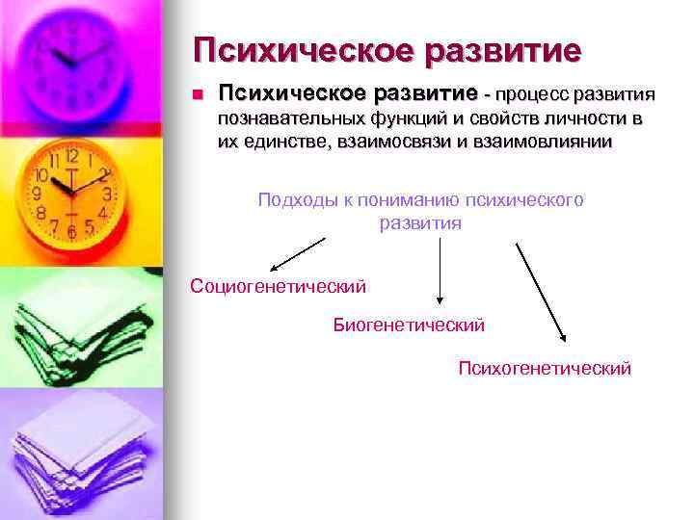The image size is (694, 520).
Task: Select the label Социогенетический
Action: coord(279,286)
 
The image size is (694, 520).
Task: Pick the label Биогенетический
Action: coord(409,325)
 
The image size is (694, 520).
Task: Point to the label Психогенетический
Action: coord(545,368)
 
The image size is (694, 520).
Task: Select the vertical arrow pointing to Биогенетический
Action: coord(440,273)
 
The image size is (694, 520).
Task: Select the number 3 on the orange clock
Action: coord(106,194)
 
